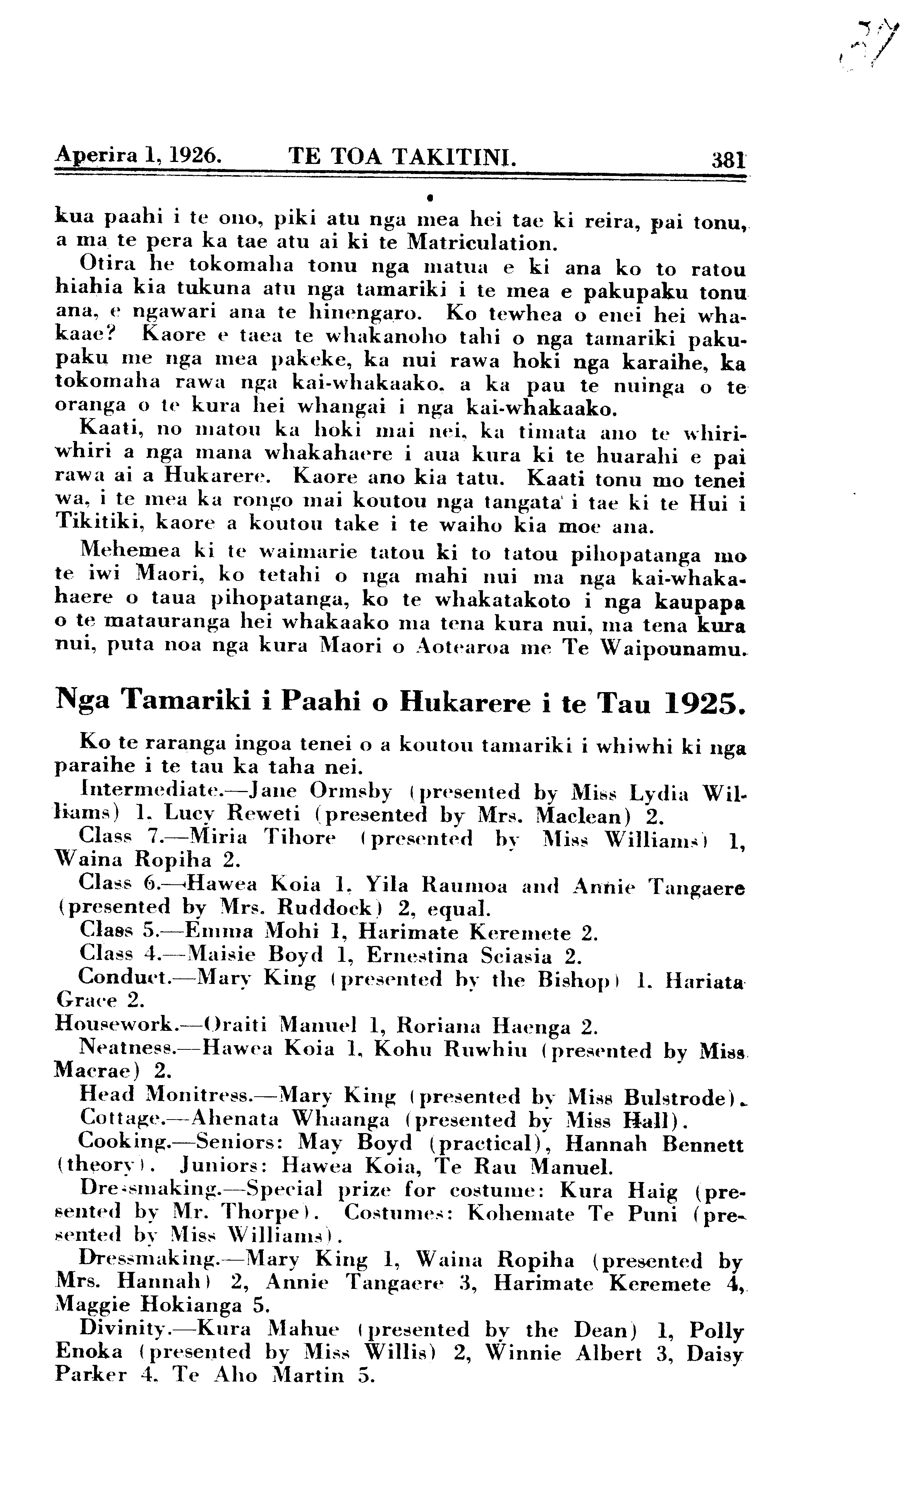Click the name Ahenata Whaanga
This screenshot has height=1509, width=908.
[291, 1119]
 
